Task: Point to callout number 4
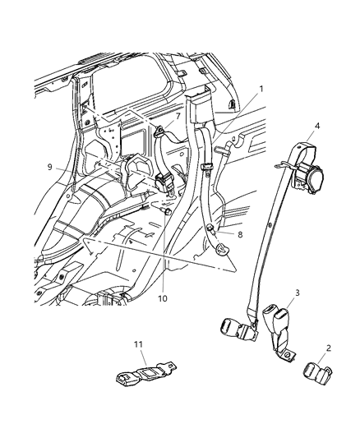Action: (x=317, y=127)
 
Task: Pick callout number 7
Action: (x=177, y=117)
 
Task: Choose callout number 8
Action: (x=241, y=234)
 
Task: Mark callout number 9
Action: (x=50, y=167)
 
